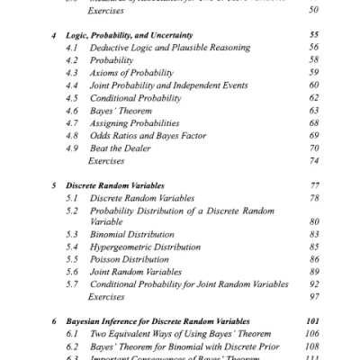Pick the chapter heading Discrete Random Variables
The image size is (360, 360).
(x=115, y=184)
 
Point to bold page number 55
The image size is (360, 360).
(x=313, y=31)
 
